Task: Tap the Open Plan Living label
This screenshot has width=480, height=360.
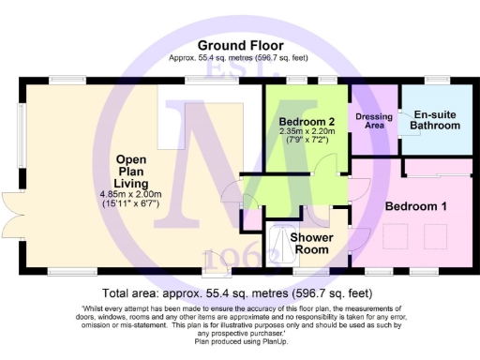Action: tap(131, 171)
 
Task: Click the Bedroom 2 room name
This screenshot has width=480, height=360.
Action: tap(306, 122)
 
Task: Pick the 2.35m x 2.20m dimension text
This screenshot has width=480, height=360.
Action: tap(306, 132)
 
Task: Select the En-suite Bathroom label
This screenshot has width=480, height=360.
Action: tap(436, 119)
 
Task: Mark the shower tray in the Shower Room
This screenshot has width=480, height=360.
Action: tap(277, 246)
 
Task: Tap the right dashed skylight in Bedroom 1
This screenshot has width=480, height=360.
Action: tap(437, 234)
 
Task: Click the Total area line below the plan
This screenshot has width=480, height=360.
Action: tap(240, 292)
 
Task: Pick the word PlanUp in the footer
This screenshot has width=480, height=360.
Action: tap(277, 342)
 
